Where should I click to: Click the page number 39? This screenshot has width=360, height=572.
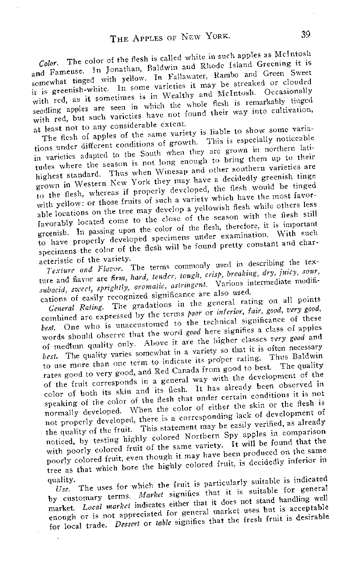pyautogui.click(x=306, y=34)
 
